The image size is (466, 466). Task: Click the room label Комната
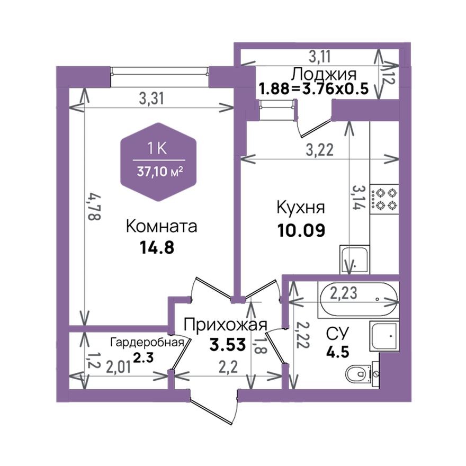tap(162, 227)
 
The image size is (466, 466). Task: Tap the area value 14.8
tap(157, 248)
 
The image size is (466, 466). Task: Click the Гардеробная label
tap(147, 342)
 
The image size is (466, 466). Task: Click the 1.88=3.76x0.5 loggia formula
tap(313, 88)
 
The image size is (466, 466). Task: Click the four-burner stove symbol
tap(383, 199)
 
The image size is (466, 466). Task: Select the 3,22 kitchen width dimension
tap(319, 150)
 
